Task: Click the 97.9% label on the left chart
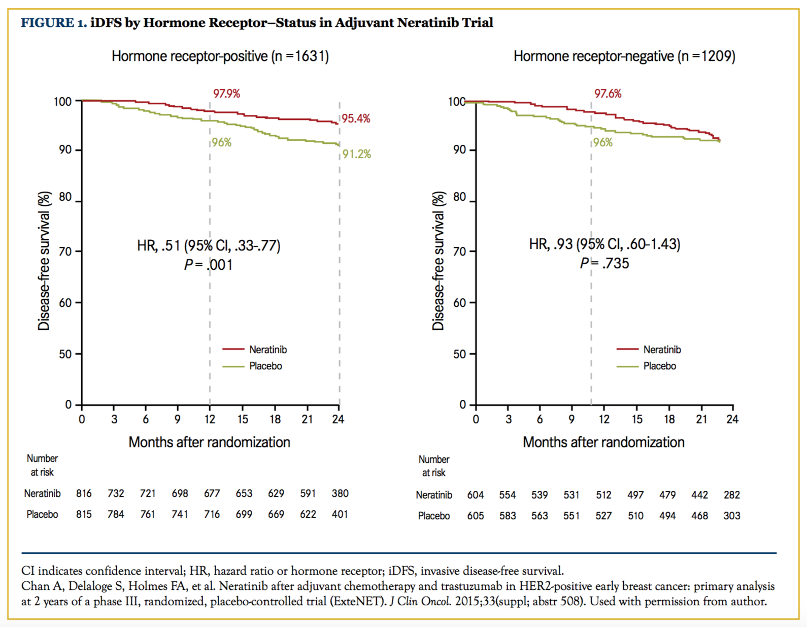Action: (x=226, y=93)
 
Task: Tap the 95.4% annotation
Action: (x=356, y=119)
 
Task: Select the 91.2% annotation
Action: (x=357, y=154)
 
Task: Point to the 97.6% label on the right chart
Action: (x=608, y=93)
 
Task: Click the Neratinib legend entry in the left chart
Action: (x=267, y=350)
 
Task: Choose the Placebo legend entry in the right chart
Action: (x=659, y=366)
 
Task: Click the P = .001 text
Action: (x=208, y=265)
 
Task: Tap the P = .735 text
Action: (x=604, y=263)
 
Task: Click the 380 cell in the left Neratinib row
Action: (x=340, y=493)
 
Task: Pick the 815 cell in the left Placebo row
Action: (x=84, y=514)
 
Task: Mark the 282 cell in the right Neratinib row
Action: (x=732, y=495)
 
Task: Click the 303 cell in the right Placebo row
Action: (x=732, y=516)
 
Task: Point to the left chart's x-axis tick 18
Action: (x=275, y=419)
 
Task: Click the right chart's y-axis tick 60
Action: (x=459, y=303)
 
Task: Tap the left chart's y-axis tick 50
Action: (x=65, y=354)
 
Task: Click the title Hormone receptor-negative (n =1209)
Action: (x=624, y=56)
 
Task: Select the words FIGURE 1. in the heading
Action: (x=54, y=23)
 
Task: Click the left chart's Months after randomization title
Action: (x=209, y=442)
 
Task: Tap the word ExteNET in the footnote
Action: (x=365, y=602)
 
